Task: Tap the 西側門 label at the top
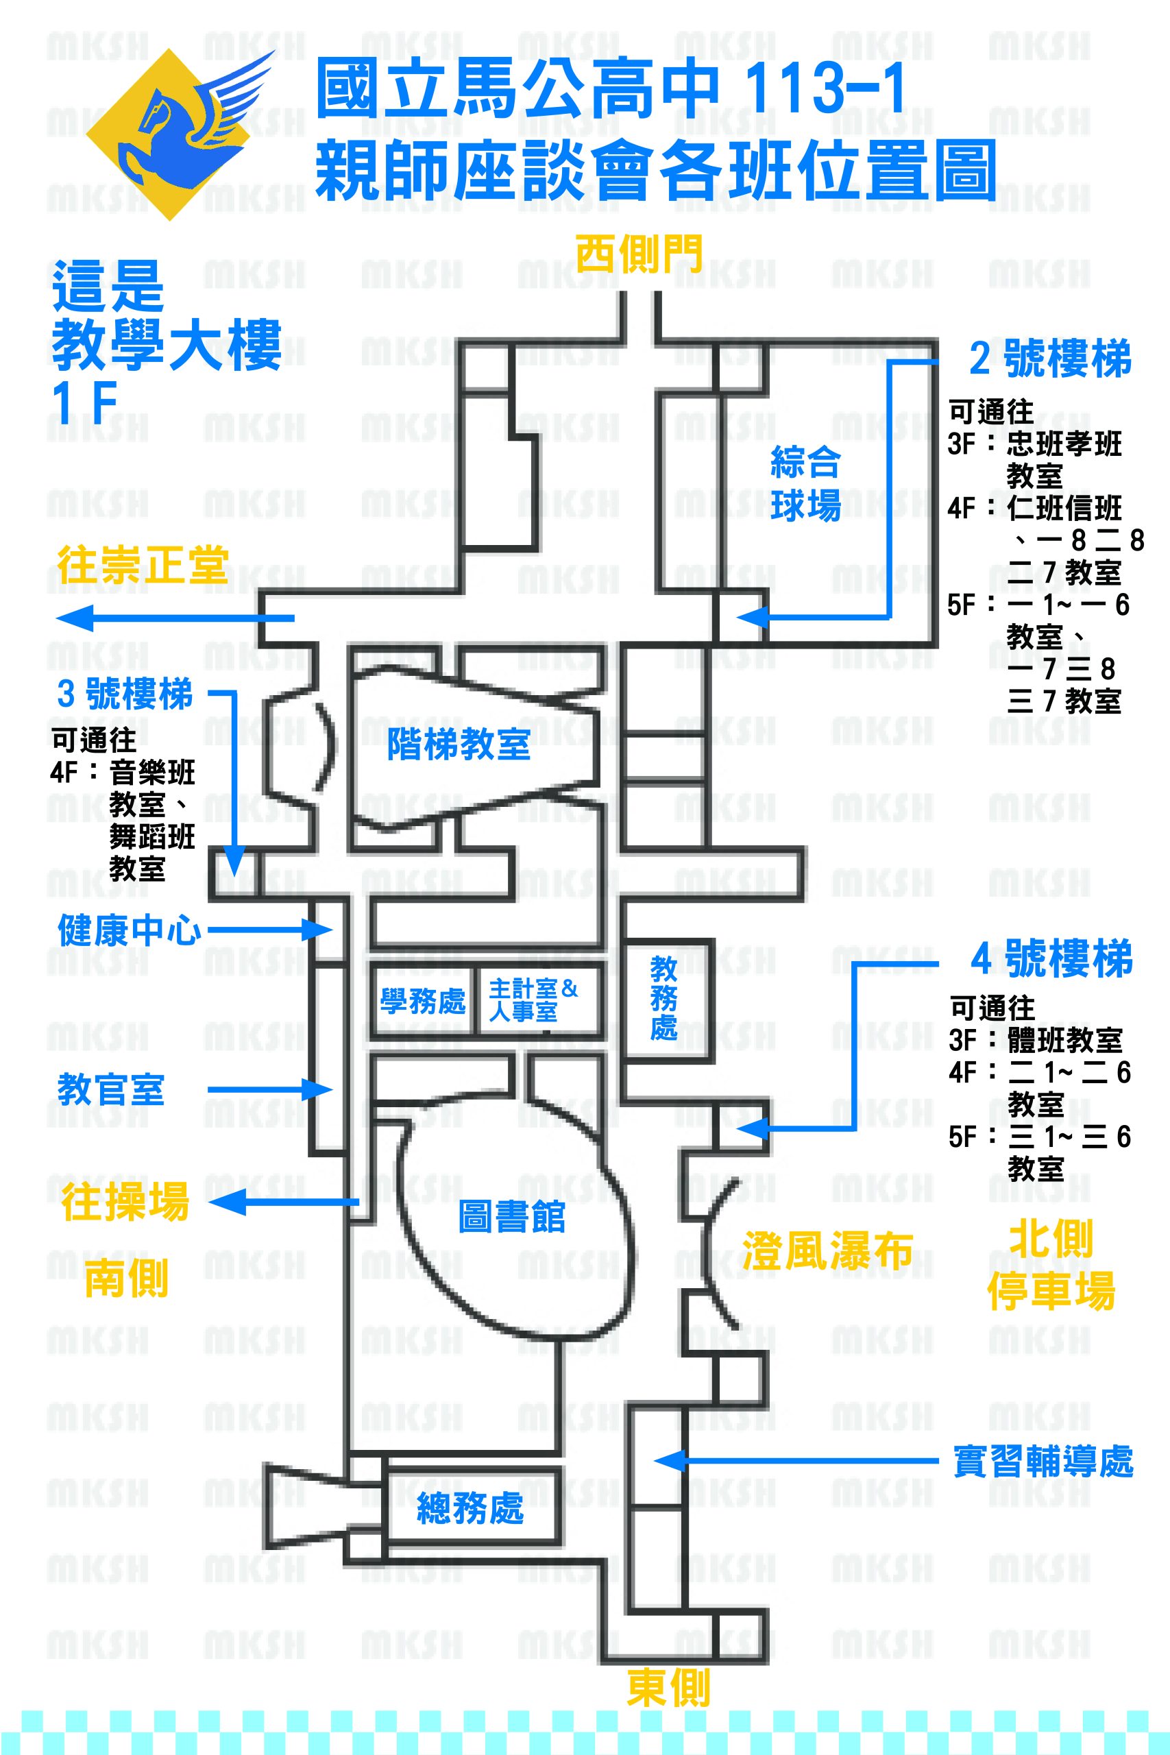coord(639,255)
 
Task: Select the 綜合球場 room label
coord(805,484)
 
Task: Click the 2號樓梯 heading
coord(1050,359)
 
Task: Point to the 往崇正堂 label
coord(143,565)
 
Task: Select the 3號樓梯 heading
coord(125,694)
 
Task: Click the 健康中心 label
coord(129,930)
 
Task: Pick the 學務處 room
coord(422,1001)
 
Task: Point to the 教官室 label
coord(110,1089)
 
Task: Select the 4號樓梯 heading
coord(1051,959)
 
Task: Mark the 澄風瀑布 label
coord(827,1250)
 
